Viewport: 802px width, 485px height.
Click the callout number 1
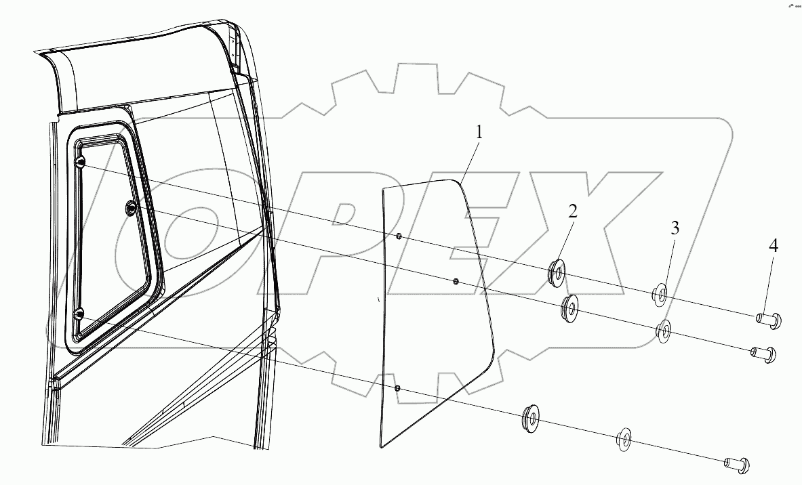pyautogui.click(x=479, y=132)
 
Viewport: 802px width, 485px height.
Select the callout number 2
pyautogui.click(x=573, y=211)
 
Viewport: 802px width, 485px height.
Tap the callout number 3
pyautogui.click(x=675, y=228)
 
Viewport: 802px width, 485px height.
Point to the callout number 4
pyautogui.click(x=772, y=246)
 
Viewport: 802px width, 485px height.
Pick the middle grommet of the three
pyautogui.click(x=570, y=309)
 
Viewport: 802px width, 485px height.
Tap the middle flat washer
pyautogui.click(x=664, y=331)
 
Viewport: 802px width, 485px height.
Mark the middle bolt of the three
pyautogui.click(x=762, y=353)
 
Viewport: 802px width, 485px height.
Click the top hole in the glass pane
pyautogui.click(x=399, y=236)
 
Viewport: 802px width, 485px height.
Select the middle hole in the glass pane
pyautogui.click(x=456, y=280)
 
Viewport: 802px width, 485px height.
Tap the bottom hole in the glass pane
pyautogui.click(x=397, y=388)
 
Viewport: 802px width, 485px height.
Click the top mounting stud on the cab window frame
pyautogui.click(x=79, y=161)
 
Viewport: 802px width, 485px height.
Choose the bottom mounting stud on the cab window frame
pyautogui.click(x=79, y=314)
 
